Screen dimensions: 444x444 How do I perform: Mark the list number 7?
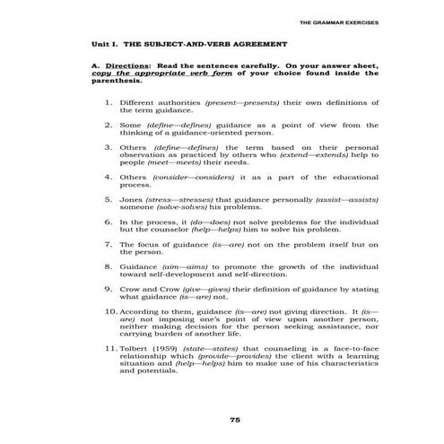click(109, 243)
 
